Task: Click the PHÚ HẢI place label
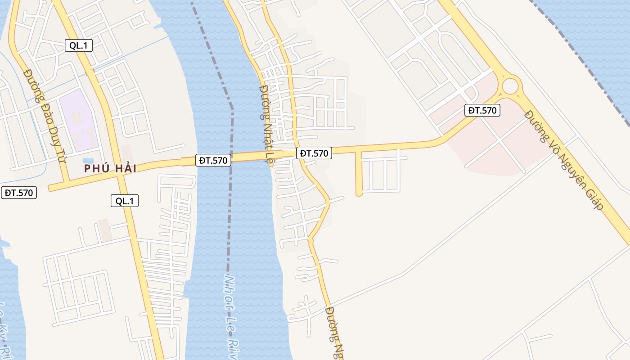click(110, 169)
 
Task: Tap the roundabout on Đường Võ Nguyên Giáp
click(510, 86)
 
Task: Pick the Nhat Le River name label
click(230, 315)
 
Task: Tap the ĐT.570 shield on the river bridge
click(213, 160)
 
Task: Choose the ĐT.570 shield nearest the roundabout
click(482, 110)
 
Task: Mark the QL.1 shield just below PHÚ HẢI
click(125, 201)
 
